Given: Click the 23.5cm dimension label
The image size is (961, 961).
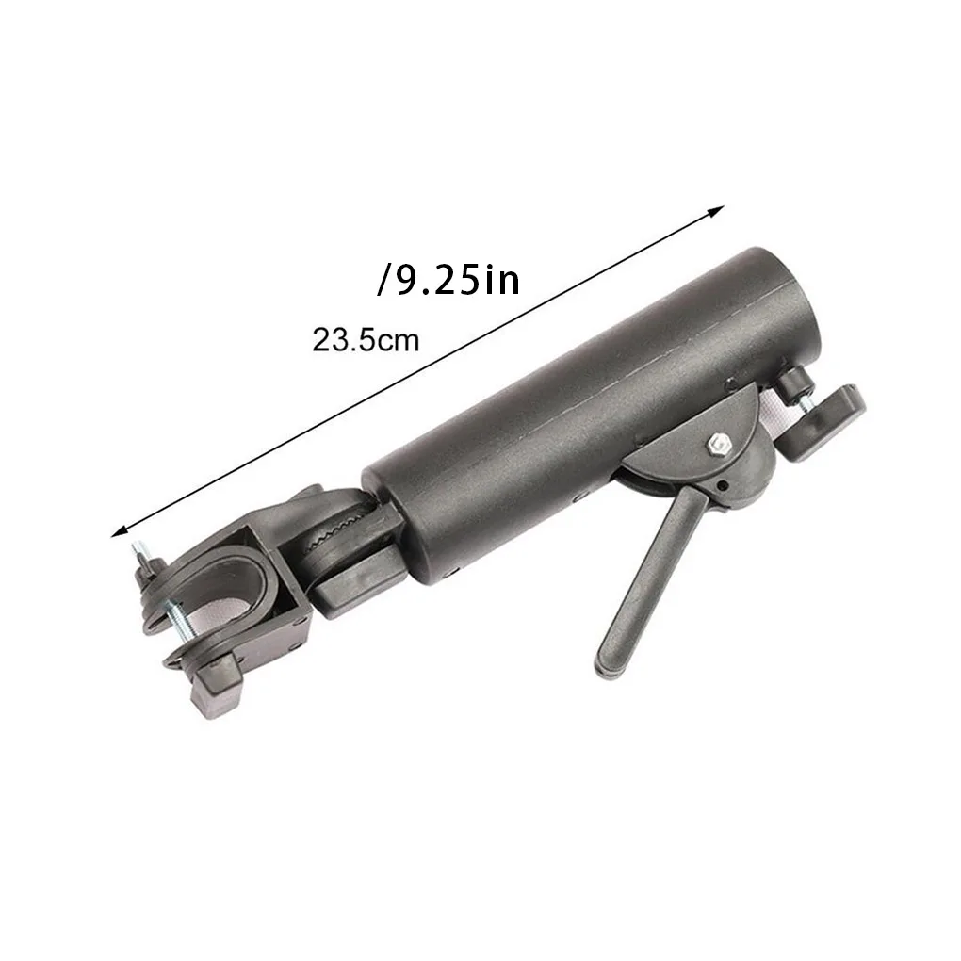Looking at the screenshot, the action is coord(366,339).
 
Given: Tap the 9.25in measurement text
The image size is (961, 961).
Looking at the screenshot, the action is coord(459,280).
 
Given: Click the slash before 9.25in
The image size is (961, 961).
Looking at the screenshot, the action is coord(384,280).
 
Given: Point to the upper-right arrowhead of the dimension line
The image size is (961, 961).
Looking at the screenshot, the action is coord(716,211).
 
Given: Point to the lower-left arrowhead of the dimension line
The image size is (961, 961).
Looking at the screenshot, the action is coord(120,531).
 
